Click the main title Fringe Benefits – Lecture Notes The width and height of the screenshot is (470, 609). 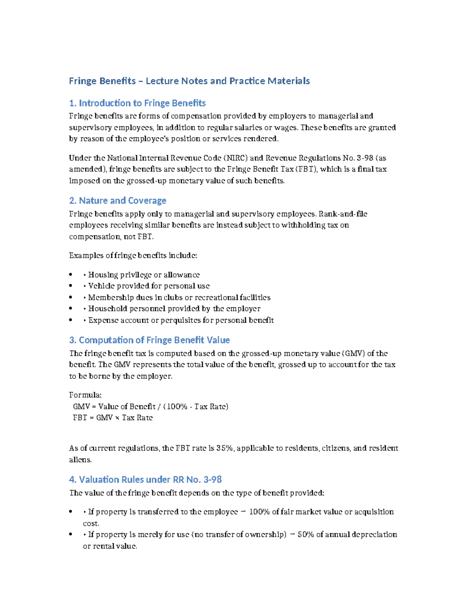[x=189, y=81]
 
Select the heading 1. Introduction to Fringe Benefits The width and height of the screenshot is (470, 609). [x=137, y=103]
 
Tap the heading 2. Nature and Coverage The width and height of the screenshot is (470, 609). [x=117, y=201]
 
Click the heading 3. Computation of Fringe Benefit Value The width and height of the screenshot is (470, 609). [x=149, y=340]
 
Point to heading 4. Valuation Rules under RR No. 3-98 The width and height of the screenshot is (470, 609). [x=145, y=480]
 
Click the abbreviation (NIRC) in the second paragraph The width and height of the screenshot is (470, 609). [x=235, y=158]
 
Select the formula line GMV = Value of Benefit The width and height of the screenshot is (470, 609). [x=150, y=407]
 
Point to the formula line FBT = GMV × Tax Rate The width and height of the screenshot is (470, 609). [x=113, y=418]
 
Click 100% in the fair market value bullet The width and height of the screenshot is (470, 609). [x=259, y=512]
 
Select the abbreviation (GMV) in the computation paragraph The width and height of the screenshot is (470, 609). [x=353, y=353]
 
